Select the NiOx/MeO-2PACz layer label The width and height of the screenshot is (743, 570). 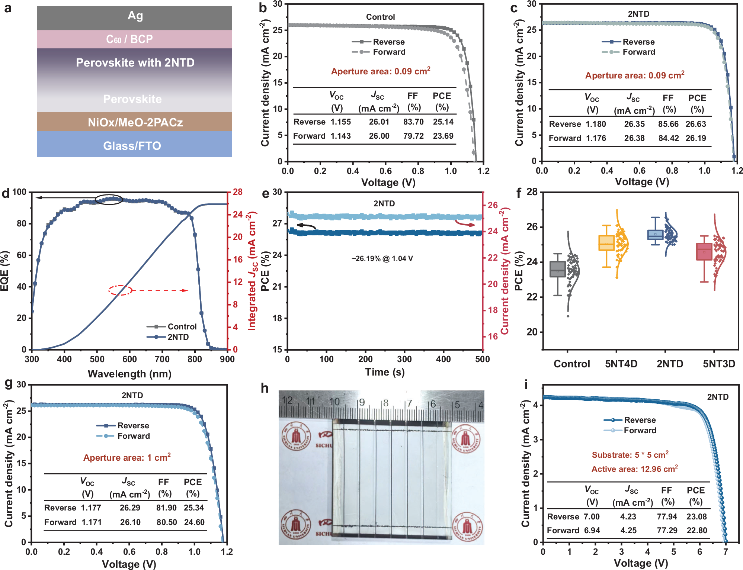click(135, 122)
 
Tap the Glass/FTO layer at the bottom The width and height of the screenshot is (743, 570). click(132, 145)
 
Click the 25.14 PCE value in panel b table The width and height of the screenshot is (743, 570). click(443, 122)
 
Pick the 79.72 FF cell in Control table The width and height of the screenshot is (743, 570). click(413, 136)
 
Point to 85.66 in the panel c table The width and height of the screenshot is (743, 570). click(668, 124)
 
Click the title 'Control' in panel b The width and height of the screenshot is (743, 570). click(380, 17)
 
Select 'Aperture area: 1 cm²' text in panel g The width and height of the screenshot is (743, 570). click(127, 457)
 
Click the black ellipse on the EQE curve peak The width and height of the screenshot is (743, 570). click(109, 199)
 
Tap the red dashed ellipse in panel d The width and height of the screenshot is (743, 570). click(120, 290)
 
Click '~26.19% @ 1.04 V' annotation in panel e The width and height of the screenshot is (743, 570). click(382, 258)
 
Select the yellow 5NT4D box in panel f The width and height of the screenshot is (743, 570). click(606, 243)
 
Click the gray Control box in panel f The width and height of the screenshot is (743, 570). click(557, 269)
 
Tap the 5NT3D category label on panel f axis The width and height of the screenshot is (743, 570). click(719, 364)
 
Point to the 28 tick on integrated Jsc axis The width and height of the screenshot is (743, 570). click(238, 192)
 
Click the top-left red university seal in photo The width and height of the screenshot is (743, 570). click(297, 436)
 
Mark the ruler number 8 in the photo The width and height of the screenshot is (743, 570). click(385, 403)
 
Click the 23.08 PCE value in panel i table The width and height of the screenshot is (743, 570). click(696, 516)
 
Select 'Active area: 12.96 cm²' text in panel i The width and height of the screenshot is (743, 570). click(634, 469)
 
